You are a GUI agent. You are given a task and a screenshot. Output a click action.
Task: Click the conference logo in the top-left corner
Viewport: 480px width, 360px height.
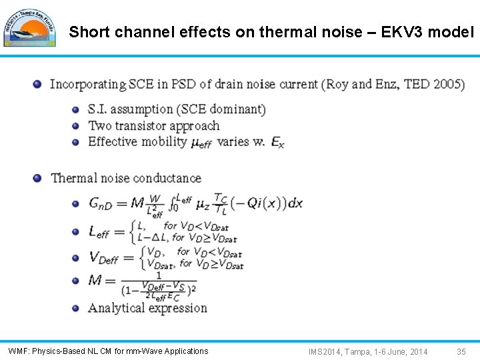click(x=30, y=27)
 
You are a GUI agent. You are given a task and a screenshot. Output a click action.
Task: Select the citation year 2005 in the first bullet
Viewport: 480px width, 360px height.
click(x=447, y=85)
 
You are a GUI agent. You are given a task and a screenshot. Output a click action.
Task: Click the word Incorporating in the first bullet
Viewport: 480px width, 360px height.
click(x=87, y=85)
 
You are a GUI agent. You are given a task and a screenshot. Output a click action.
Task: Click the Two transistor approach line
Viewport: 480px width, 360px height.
click(x=153, y=125)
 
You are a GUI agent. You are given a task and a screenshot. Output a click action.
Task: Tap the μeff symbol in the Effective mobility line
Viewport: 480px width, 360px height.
click(x=201, y=143)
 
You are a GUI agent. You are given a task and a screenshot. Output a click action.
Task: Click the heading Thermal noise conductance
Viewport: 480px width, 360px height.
click(x=126, y=178)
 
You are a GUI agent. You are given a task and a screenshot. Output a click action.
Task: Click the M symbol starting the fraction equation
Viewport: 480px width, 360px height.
click(x=95, y=280)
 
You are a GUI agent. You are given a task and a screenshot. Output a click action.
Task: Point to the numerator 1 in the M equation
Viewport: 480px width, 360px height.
click(x=158, y=274)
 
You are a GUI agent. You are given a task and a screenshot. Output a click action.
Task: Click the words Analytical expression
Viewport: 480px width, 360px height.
click(x=147, y=308)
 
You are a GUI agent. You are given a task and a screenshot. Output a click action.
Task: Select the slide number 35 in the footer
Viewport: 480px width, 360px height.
click(x=461, y=351)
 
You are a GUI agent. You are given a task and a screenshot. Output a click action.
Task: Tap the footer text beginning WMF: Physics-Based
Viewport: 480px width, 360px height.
click(x=108, y=351)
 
